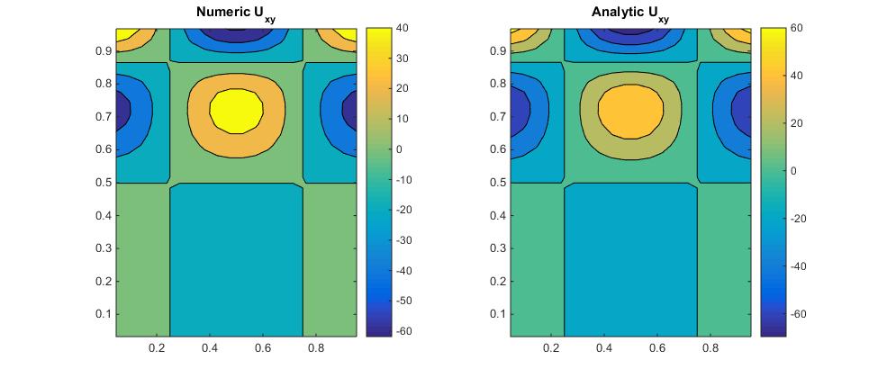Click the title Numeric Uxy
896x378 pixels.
coord(236,13)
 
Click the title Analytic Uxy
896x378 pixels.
coord(630,13)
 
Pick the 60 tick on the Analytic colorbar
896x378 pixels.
coord(799,28)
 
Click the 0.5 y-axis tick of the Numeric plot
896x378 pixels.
coord(103,183)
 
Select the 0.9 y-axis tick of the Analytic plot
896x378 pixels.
coord(497,51)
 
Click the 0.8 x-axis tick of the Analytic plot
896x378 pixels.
coord(710,347)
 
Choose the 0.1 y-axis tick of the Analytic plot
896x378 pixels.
coord(497,314)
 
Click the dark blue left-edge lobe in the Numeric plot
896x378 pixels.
coord(122,112)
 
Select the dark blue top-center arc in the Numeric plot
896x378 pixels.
coord(236,32)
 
